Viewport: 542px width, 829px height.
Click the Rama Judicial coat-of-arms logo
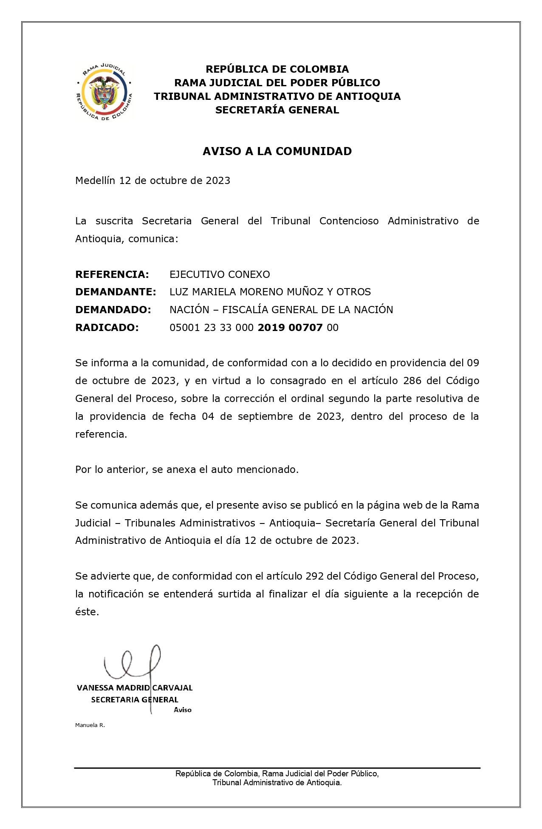pos(104,92)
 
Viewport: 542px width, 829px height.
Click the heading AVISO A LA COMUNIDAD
pos(277,151)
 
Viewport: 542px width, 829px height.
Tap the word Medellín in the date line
pos(95,181)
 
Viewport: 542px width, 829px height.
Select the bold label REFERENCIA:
pos(112,274)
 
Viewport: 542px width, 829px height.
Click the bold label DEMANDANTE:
pos(116,292)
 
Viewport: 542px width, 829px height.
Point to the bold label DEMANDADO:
pos(113,310)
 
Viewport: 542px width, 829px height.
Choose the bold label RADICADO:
pos(107,328)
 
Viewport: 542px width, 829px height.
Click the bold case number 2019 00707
pos(290,328)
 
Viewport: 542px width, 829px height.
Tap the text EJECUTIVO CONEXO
pos(220,274)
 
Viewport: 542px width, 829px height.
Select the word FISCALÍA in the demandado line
pos(248,310)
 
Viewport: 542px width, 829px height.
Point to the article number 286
pos(412,381)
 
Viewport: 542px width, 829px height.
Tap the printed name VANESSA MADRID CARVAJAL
pos(135,688)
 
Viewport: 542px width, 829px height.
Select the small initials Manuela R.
pos(90,725)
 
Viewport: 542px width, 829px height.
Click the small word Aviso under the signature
pos(183,710)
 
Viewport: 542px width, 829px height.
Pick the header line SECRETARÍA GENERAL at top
pos(277,110)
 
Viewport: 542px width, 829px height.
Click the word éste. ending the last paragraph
pos(87,612)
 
